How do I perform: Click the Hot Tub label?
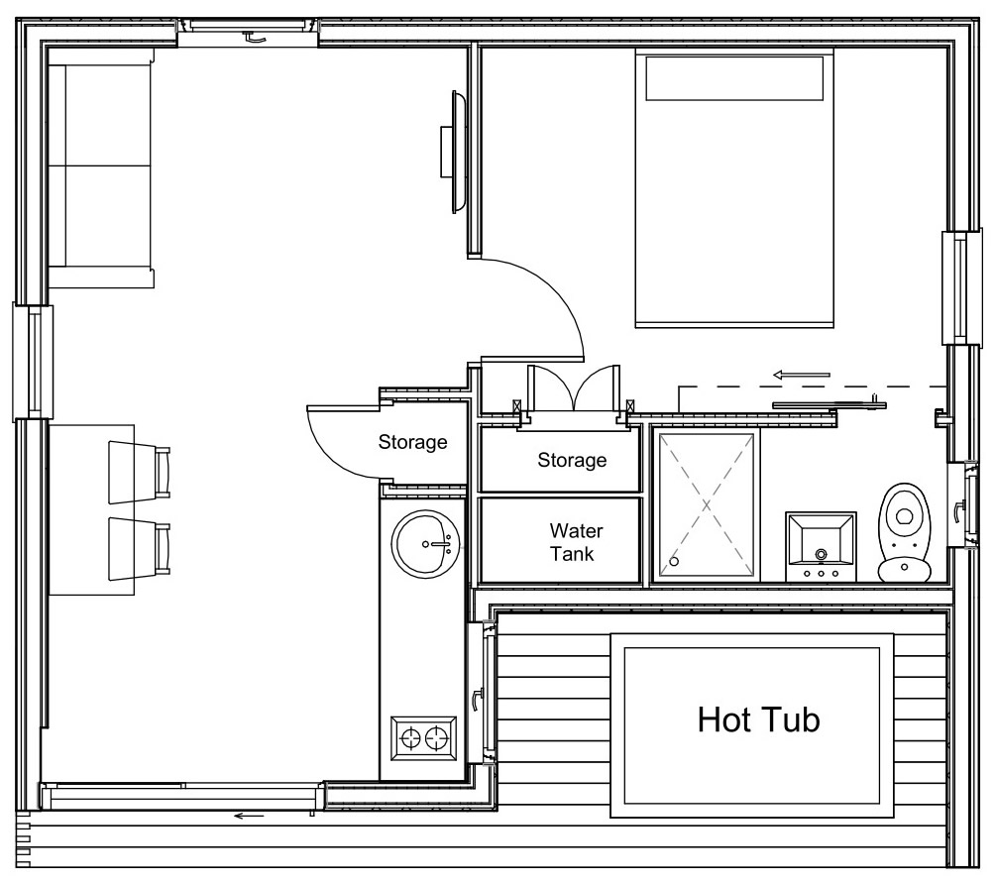(759, 719)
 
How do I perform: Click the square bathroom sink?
(820, 546)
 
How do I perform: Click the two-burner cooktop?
(423, 738)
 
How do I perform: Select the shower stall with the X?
(705, 503)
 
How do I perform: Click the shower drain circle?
(675, 561)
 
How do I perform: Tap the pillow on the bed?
(734, 77)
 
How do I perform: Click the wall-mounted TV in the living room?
(454, 151)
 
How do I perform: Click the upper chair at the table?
(139, 468)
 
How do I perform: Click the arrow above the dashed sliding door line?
(802, 375)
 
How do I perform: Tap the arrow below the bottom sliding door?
(249, 816)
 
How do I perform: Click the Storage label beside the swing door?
(412, 443)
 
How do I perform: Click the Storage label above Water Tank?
(572, 460)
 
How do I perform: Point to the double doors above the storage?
(573, 389)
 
